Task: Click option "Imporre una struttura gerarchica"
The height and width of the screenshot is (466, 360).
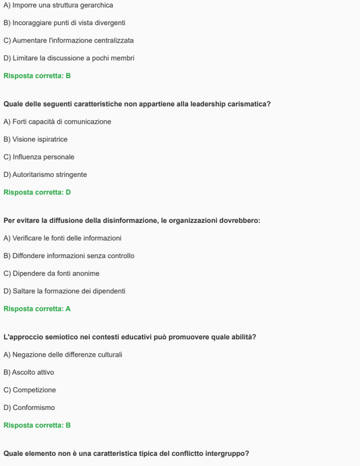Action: (58, 5)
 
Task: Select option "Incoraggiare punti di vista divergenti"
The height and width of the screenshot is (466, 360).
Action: (64, 23)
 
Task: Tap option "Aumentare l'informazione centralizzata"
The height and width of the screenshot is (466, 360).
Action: (68, 41)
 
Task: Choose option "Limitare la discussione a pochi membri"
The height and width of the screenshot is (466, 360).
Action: (69, 58)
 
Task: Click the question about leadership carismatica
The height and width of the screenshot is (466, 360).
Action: (137, 104)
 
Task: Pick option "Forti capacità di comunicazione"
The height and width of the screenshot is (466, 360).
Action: (57, 122)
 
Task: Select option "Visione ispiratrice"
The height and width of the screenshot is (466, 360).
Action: (36, 139)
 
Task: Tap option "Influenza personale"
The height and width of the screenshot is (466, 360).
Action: (39, 157)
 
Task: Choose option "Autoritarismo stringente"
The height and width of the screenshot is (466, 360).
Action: (45, 174)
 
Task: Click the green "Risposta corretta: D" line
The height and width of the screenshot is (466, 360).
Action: (37, 192)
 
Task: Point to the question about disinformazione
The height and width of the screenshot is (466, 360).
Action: (132, 220)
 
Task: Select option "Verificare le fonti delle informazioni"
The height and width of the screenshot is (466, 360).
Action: (63, 238)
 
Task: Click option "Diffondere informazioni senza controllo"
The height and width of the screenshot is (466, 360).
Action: (69, 256)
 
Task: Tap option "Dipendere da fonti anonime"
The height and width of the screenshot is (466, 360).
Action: (51, 274)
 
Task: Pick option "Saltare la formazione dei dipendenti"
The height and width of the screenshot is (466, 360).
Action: (64, 291)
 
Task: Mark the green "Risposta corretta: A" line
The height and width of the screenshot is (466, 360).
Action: (37, 309)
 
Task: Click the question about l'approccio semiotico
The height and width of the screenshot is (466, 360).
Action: (130, 337)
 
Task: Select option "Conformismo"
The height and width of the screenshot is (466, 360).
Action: (29, 407)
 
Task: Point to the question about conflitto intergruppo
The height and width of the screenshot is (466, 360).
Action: (126, 453)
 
